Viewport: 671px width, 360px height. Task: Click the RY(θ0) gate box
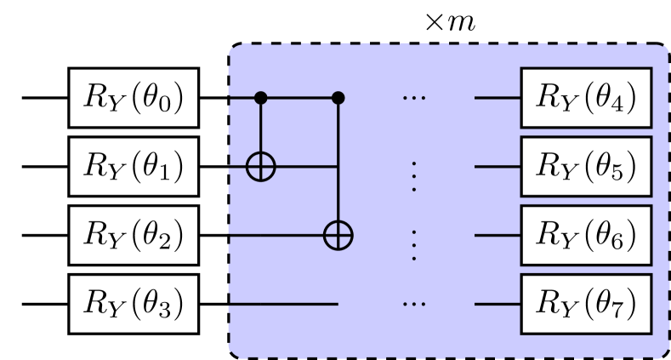(133, 98)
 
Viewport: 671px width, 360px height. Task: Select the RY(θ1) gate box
(133, 167)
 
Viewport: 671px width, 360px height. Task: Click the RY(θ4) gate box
(587, 98)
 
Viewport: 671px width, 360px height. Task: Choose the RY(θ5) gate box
(587, 167)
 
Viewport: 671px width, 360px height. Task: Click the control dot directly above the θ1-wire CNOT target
(261, 98)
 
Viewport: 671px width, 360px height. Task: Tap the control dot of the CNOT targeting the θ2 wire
(338, 98)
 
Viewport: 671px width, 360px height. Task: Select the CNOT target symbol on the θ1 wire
(261, 167)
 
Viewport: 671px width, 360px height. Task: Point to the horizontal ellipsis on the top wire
(414, 99)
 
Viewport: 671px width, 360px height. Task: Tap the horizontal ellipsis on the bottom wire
(414, 304)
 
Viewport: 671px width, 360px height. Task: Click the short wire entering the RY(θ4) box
(498, 98)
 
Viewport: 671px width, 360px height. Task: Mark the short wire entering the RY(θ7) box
(498, 304)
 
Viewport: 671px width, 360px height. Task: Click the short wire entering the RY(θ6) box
(498, 235)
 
